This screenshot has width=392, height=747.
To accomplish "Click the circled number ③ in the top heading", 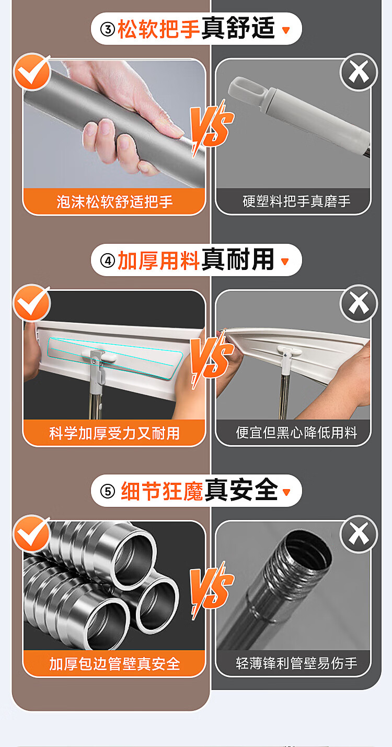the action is click(x=108, y=29).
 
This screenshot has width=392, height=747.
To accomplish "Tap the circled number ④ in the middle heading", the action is click(x=108, y=261).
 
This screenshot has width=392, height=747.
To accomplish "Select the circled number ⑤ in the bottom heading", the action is click(x=108, y=491).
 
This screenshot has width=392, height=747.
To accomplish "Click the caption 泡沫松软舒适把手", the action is click(x=114, y=202).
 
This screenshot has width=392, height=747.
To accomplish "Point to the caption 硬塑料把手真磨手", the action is click(x=296, y=201).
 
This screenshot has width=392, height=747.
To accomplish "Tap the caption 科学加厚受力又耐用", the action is click(x=114, y=433).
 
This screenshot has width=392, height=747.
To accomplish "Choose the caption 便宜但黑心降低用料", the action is click(x=296, y=433).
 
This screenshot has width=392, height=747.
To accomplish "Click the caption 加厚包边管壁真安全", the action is click(x=114, y=664).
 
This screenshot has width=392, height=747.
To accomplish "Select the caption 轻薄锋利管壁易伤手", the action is click(x=296, y=663).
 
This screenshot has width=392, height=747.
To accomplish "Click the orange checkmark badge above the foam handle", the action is click(x=32, y=72).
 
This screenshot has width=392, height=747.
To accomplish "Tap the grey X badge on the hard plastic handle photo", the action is click(x=359, y=72).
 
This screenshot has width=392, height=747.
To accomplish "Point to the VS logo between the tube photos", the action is click(x=211, y=591).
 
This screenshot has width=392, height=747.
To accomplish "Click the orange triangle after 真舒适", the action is click(x=286, y=30).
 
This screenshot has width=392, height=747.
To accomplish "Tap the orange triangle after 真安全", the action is click(x=286, y=492).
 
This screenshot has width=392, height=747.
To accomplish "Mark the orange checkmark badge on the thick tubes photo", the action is click(x=32, y=533).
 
